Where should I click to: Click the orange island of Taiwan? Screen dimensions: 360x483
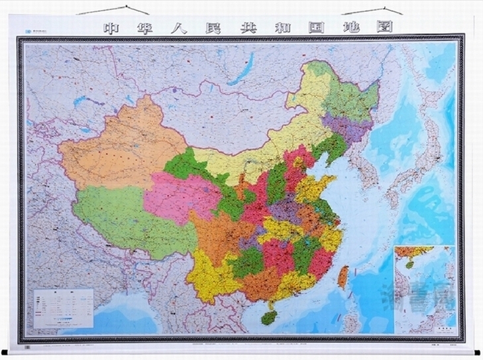(x=343, y=276)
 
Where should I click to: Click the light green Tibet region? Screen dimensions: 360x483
(x=126, y=215)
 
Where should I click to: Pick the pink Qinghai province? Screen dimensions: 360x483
(x=179, y=196)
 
